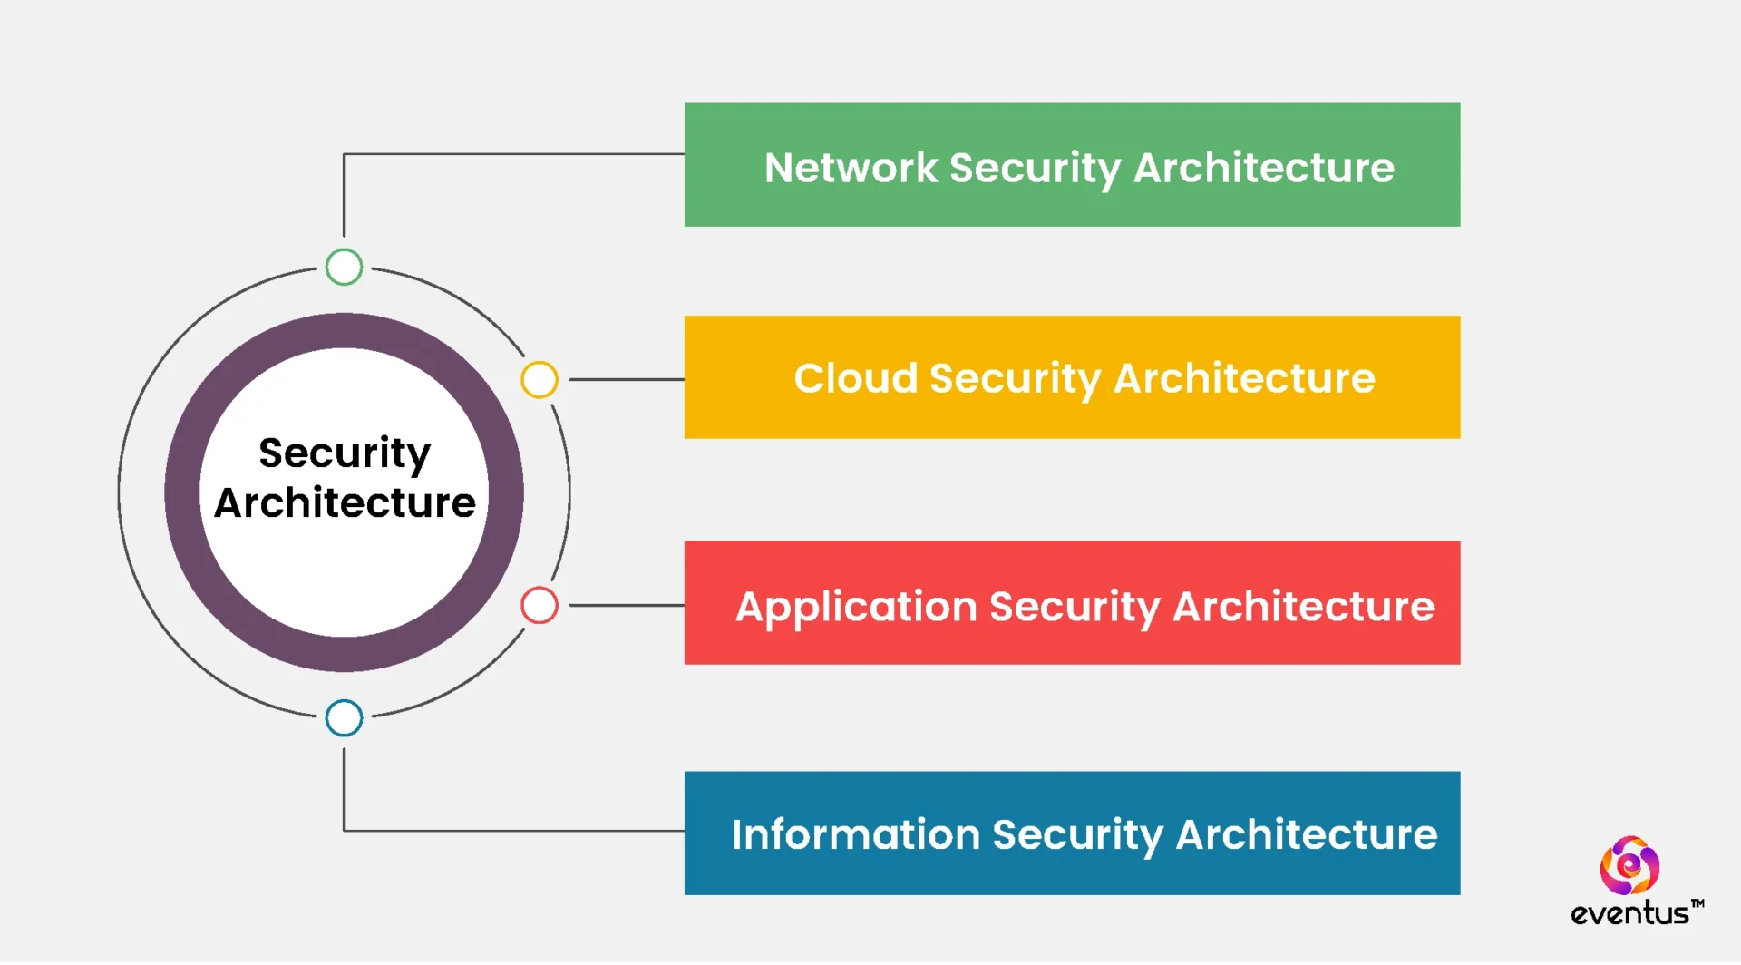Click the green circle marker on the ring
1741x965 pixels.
tap(344, 268)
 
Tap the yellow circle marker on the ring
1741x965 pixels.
tap(539, 380)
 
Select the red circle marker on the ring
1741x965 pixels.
tap(539, 606)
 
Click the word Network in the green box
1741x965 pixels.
tap(851, 168)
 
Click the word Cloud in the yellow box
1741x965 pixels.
tap(855, 378)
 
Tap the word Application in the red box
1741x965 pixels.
tap(856, 607)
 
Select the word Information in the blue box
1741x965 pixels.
tap(855, 835)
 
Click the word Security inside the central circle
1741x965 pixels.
tap(344, 453)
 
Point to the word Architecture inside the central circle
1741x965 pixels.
tap(344, 503)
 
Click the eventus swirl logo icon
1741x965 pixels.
tap(1629, 866)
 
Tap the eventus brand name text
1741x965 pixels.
tap(1629, 914)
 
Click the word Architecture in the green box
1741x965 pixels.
tap(1264, 168)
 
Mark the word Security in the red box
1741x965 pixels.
tap(1075, 608)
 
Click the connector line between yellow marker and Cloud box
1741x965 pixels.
tap(626, 380)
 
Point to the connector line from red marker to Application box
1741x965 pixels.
tap(626, 606)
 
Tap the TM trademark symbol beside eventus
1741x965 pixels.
tap(1697, 904)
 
